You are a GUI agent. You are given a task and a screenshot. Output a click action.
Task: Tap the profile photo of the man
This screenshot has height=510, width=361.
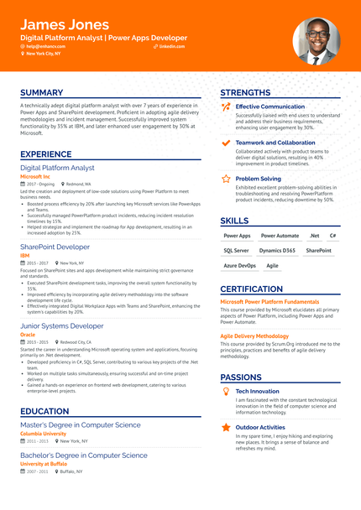pyautogui.click(x=316, y=41)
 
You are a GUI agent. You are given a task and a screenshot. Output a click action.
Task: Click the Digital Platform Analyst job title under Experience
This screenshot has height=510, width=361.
pyautogui.click(x=57, y=168)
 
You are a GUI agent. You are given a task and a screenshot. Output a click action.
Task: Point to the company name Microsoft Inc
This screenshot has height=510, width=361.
pyautogui.click(x=35, y=176)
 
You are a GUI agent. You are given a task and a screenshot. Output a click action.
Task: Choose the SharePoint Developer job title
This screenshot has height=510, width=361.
pyautogui.click(x=55, y=247)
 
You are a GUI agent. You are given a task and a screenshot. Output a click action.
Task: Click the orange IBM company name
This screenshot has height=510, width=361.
pyautogui.click(x=25, y=255)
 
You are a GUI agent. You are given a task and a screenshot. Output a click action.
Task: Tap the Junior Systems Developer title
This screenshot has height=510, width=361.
pyautogui.click(x=62, y=325)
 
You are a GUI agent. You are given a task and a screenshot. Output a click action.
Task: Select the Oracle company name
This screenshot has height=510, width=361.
pyautogui.click(x=28, y=334)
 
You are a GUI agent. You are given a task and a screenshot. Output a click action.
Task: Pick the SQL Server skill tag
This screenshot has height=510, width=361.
pyautogui.click(x=236, y=250)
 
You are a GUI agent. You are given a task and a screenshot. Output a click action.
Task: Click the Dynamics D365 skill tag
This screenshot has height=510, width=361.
pyautogui.click(x=277, y=250)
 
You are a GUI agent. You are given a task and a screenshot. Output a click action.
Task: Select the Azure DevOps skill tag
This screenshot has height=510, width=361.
pyautogui.click(x=239, y=265)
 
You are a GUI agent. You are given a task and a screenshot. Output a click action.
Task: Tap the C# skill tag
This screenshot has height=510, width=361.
pyautogui.click(x=332, y=236)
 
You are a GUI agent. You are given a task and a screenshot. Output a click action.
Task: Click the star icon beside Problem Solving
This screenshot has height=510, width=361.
pyautogui.click(x=226, y=179)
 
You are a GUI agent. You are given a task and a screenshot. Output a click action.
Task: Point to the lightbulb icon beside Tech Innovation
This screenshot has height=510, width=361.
pyautogui.click(x=226, y=391)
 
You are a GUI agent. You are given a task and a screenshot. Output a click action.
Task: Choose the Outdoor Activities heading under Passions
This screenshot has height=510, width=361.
pyautogui.click(x=260, y=427)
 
